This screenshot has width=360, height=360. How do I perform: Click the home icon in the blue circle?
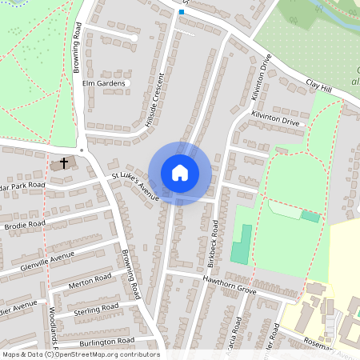tap(180, 172)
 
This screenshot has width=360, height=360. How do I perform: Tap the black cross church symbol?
tap(63, 162)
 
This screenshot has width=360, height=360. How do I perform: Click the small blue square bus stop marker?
tap(182, 12)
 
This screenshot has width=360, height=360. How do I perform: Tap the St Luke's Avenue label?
tap(135, 186)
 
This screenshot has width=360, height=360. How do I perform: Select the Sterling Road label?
tap(96, 309)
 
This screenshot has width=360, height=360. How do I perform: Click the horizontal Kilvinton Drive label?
tap(274, 119)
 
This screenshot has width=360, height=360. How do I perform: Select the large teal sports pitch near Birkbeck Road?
tap(240, 243)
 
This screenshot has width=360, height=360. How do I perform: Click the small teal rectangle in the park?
tap(310, 216)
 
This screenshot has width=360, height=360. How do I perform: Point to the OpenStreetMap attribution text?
tap(80, 354)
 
